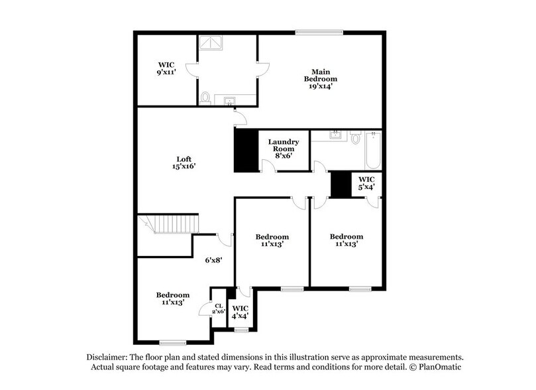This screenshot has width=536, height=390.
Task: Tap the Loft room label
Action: coord(184,162)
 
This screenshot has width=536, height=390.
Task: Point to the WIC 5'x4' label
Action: coord(366,183)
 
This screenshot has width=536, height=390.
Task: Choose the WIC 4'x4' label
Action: coord(239,312)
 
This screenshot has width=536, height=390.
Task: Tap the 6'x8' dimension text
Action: coord(213,260)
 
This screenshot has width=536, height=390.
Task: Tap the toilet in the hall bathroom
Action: coord(354,138)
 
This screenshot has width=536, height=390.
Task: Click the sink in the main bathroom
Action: coord(229,101)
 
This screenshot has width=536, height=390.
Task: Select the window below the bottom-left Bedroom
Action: coord(173,343)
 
